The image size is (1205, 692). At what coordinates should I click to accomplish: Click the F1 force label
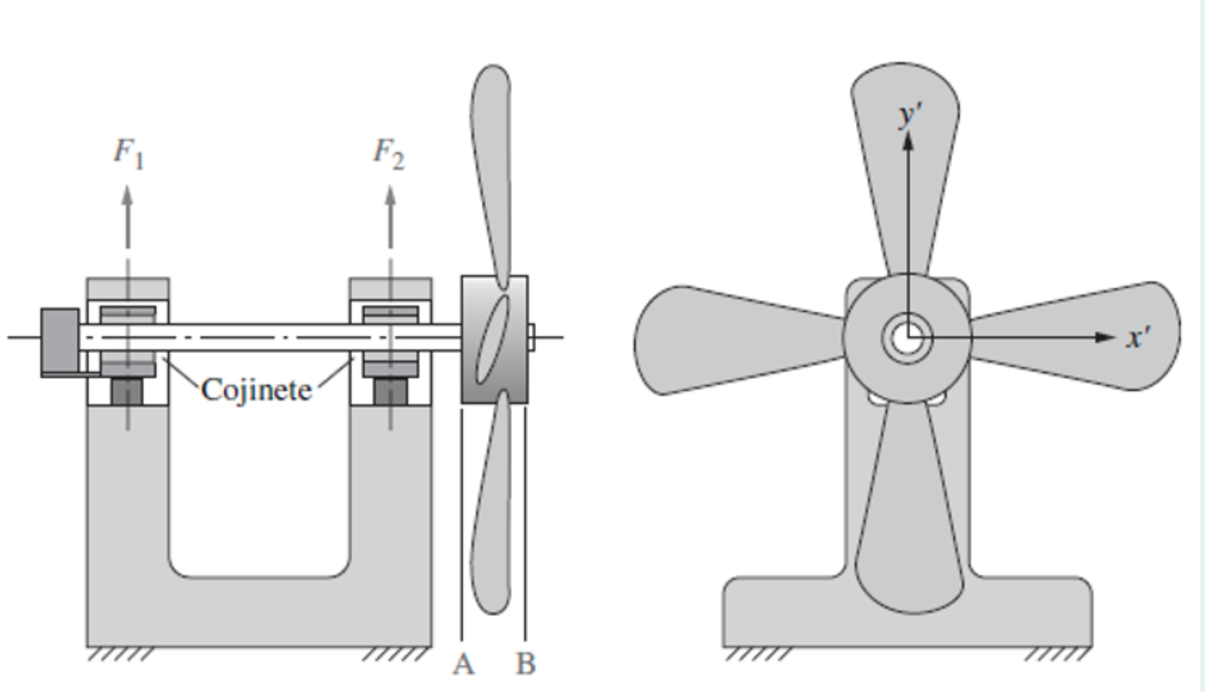[x=128, y=153]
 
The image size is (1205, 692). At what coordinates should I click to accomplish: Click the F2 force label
[x=389, y=153]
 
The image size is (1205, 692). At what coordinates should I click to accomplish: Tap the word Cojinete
[x=256, y=390]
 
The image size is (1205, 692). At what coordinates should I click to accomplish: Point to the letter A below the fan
[x=463, y=664]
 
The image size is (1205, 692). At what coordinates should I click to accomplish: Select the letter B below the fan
[x=525, y=664]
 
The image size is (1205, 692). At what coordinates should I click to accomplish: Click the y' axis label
[x=910, y=115]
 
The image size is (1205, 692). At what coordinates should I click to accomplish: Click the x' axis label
[x=1138, y=337]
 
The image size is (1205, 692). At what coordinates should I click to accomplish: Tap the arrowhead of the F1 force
[x=127, y=195]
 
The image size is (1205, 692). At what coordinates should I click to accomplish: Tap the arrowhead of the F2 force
[x=390, y=196]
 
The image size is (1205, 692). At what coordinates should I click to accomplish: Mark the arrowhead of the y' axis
[x=908, y=141]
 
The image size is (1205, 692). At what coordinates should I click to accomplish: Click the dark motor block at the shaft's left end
[x=60, y=342]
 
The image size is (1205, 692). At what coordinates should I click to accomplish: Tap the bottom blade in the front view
[x=907, y=516]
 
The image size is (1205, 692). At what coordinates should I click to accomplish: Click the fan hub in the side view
[x=494, y=339]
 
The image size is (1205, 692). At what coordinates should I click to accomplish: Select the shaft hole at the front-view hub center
[x=908, y=338]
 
